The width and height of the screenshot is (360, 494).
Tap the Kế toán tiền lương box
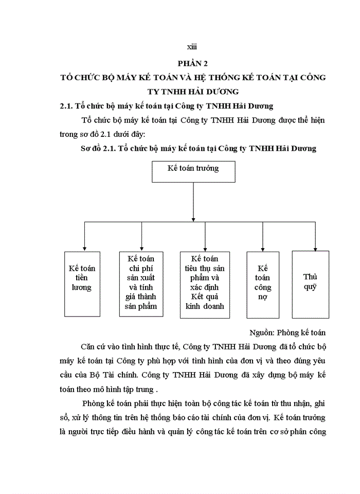click(x=82, y=283)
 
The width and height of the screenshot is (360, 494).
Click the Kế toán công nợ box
click(x=263, y=283)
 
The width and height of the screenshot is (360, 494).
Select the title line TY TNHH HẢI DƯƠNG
click(x=193, y=92)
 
